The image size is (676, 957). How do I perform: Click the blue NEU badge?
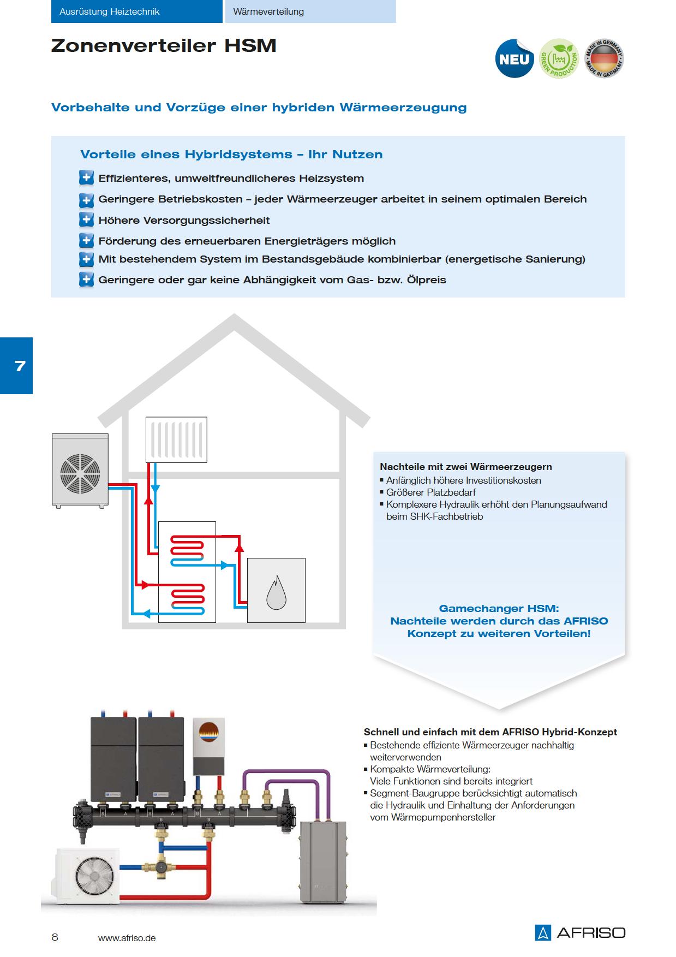pos(515,59)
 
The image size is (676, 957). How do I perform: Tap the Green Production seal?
pos(559,58)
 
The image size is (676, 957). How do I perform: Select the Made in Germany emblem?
pos(604,58)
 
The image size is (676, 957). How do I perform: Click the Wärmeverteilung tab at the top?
pos(310,11)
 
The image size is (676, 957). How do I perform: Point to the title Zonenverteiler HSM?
pos(164,46)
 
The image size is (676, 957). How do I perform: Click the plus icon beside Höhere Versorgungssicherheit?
pos(86,220)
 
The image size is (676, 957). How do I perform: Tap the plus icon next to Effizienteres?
pos(86,178)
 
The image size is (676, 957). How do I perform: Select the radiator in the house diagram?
pos(176,439)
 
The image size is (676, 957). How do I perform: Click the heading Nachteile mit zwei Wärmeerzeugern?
pos(466,467)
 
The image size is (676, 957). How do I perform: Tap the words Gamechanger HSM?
pos(499,608)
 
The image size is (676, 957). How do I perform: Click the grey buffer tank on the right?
pos(323,863)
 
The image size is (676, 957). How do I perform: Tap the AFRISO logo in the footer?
pos(580,932)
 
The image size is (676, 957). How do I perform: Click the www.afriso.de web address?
pos(127,938)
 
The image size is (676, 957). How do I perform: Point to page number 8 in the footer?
pos(55,937)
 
